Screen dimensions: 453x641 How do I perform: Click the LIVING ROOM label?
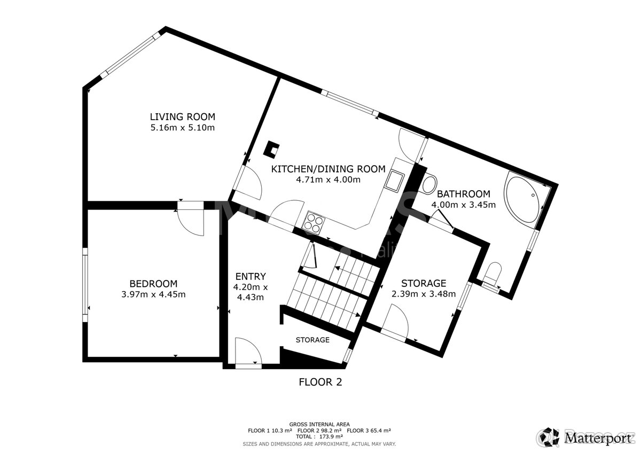tap(182, 116)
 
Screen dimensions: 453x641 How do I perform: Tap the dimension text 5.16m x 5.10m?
tap(182, 128)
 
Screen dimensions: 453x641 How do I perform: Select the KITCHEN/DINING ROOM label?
tap(328, 169)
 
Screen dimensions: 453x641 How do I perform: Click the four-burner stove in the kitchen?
tap(314, 222)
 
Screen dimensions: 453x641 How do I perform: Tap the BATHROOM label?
tap(463, 193)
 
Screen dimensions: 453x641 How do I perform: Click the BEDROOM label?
tap(153, 284)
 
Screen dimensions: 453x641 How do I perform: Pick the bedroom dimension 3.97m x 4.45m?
tap(153, 294)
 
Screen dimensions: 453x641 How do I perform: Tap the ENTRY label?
tap(251, 276)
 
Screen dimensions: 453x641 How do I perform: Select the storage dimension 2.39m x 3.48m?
tap(423, 294)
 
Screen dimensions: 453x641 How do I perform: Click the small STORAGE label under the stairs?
tap(312, 340)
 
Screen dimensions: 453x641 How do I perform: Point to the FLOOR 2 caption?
tap(320, 382)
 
